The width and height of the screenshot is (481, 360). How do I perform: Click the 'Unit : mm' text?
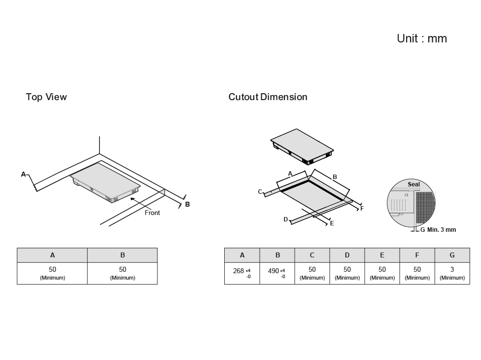coord(421,38)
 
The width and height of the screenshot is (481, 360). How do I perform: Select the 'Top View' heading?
coord(46,97)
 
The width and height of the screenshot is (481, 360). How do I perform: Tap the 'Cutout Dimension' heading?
coord(268,97)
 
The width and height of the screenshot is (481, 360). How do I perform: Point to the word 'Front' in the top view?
coord(152,213)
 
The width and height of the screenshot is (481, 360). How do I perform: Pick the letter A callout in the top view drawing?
coord(23,174)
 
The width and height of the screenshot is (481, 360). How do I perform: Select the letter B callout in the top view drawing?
coord(187,204)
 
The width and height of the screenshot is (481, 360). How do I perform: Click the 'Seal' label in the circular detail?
coord(414,184)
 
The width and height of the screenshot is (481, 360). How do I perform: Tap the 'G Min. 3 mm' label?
coord(438,230)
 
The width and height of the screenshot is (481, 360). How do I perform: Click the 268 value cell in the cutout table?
coord(241,273)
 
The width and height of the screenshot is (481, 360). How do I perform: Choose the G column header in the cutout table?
coord(452,255)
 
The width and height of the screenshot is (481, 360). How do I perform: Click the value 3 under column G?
coord(452,270)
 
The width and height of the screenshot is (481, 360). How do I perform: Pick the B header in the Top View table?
coord(122,255)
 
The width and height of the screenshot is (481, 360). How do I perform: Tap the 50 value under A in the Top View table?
coord(52,270)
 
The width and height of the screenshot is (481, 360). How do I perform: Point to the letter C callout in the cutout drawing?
coord(260,191)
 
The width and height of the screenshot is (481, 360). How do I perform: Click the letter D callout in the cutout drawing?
coord(285,219)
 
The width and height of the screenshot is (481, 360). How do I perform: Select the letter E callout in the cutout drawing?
coord(332,223)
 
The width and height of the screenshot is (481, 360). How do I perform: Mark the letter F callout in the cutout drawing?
coord(362,209)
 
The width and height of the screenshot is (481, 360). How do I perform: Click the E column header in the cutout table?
coord(382,255)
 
